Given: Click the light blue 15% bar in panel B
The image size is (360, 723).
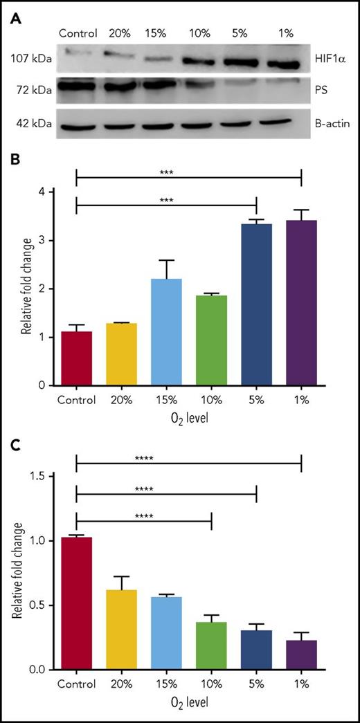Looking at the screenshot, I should click(166, 332).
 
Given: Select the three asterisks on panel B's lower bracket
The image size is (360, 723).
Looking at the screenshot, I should click(166, 201).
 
